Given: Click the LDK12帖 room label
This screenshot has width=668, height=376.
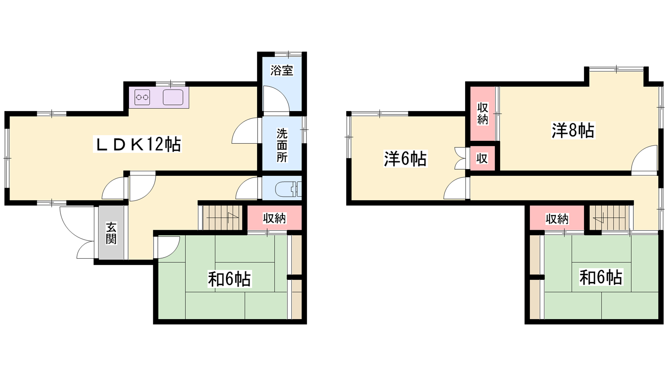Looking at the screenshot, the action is click(x=137, y=145).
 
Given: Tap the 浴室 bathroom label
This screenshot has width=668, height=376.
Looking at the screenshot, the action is click(x=282, y=71).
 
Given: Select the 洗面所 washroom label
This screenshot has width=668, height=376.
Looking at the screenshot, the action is click(x=282, y=145).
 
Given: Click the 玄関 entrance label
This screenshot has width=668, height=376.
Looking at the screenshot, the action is click(x=111, y=233).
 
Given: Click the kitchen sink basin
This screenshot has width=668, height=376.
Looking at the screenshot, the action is click(x=173, y=97).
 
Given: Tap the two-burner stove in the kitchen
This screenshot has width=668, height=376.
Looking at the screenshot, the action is click(x=142, y=97).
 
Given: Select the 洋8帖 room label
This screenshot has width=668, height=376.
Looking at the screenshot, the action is click(x=573, y=130).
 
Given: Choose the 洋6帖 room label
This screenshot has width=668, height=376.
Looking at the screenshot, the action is click(x=405, y=158).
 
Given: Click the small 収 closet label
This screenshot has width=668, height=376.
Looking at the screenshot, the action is click(x=482, y=159).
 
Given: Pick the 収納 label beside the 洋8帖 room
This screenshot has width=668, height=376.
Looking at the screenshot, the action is click(x=483, y=113).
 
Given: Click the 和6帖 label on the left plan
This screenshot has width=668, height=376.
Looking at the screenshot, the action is click(x=229, y=279).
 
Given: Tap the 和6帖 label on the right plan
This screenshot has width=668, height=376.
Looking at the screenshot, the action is click(x=601, y=277).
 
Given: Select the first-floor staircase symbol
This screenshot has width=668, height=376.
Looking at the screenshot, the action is click(x=223, y=218).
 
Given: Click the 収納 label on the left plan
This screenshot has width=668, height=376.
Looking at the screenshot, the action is click(x=274, y=218).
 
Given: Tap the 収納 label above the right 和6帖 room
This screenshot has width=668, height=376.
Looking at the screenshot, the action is click(x=557, y=219).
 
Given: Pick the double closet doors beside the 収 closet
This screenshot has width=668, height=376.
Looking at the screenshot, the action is click(x=460, y=159).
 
